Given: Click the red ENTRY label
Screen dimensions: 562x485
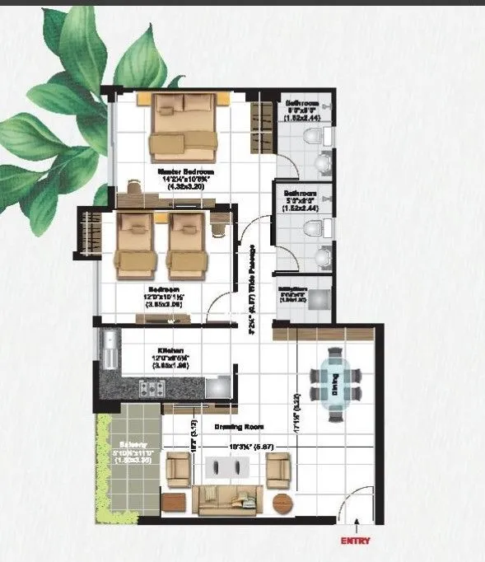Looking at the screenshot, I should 357,541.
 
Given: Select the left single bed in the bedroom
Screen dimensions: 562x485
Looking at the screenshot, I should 135,244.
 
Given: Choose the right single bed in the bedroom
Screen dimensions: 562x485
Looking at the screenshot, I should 186,244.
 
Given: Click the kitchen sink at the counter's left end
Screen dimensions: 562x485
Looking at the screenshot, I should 110,350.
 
